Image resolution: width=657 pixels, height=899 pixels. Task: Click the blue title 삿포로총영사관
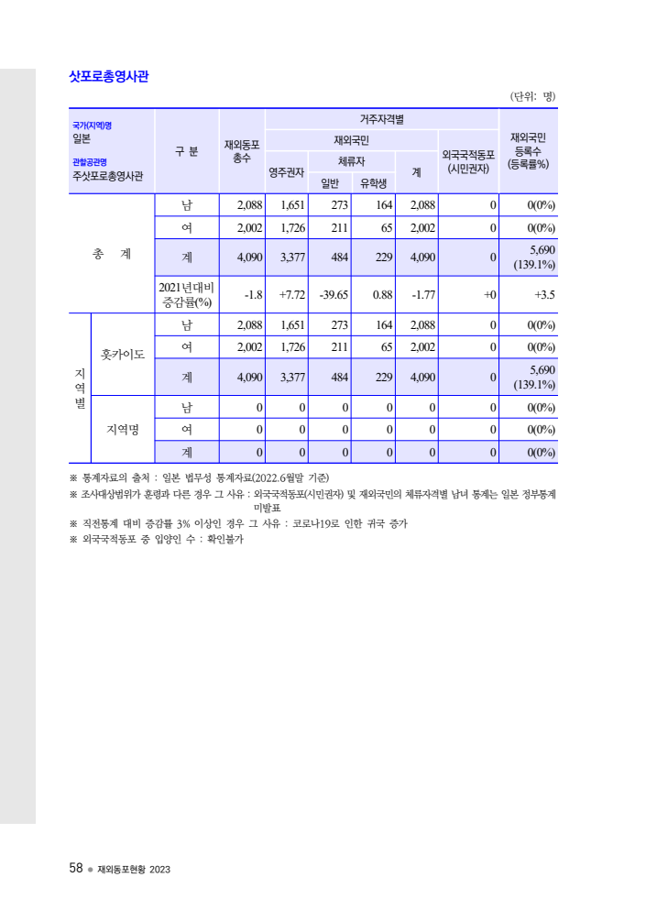tap(109, 76)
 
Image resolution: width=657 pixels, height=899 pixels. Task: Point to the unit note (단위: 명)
tap(532, 96)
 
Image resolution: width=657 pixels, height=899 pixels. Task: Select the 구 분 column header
tap(187, 151)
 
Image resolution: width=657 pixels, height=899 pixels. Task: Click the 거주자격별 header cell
tap(381, 119)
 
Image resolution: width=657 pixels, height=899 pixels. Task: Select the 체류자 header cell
tap(351, 161)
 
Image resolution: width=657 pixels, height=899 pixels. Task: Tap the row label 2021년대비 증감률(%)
tap(187, 294)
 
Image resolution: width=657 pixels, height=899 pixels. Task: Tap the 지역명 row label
tap(123, 429)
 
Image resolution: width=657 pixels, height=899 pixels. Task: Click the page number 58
tap(76, 868)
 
